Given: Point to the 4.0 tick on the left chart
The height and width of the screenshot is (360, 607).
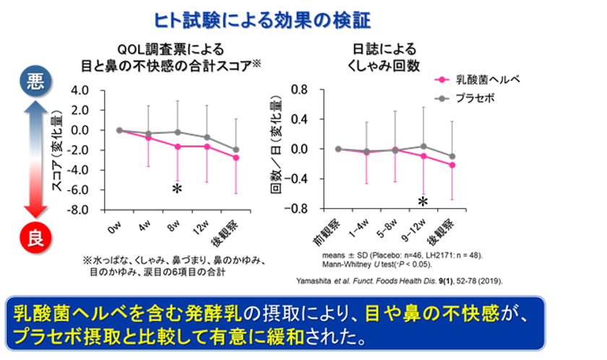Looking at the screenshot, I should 98,90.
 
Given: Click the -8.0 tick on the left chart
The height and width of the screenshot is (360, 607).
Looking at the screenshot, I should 96,210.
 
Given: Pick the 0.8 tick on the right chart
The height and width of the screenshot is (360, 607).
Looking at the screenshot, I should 299,90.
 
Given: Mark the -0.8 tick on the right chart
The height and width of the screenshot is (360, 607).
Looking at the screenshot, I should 297,208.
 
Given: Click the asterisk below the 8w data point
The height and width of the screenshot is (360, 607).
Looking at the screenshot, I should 176,189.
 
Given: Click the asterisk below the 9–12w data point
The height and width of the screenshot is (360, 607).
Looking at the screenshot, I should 423,202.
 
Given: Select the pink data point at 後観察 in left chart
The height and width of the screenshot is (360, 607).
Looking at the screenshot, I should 236,158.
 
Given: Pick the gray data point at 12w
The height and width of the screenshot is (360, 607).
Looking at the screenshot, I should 207,137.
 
